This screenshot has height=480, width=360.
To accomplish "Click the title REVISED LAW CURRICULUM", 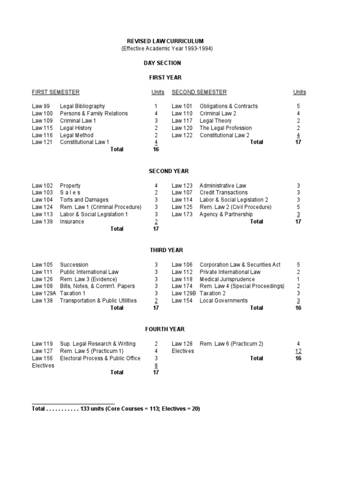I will pos(166,41).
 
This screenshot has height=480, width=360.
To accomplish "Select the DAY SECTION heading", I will pos(162,63).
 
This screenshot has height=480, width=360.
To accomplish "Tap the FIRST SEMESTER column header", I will pos(55,92).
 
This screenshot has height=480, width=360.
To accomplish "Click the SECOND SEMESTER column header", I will pos(199,92).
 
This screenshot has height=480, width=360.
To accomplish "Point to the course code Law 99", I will pos(40,106).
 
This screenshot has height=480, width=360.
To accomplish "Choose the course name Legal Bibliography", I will pos(82,106).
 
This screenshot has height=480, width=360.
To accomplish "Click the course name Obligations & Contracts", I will pos(229,106).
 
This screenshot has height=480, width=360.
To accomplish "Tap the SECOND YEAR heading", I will pos(162,171).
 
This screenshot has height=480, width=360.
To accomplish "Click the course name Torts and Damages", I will pos(84,200).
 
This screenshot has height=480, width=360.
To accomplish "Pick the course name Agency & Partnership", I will pos(226,214).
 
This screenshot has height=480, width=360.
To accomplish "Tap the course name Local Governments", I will pos(224,300).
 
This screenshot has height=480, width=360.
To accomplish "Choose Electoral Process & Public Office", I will pos(100,358).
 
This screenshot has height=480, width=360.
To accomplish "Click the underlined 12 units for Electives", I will pos(298,351).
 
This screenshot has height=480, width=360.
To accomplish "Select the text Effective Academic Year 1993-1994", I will pos(167,49).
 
